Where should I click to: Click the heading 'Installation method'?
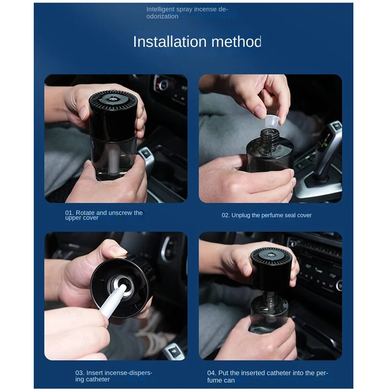point(197,42)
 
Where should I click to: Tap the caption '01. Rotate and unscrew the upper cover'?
point(104,215)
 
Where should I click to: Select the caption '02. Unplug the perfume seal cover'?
point(267,215)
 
